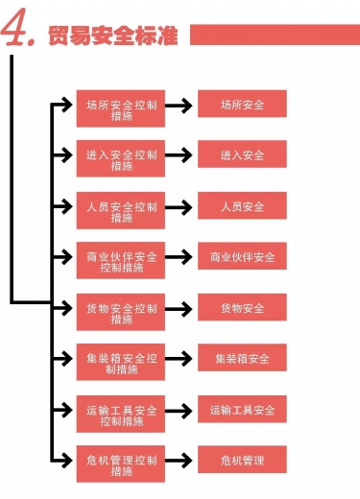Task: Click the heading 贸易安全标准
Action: pyautogui.click(x=113, y=36)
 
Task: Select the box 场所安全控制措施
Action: pyautogui.click(x=121, y=109)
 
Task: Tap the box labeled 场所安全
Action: pyautogui.click(x=242, y=104)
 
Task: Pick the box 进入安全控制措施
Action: pyautogui.click(x=121, y=160)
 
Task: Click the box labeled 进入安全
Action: pyautogui.click(x=242, y=155)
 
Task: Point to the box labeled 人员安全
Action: pyautogui.click(x=242, y=206)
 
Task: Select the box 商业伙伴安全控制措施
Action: pyautogui.click(x=121, y=263)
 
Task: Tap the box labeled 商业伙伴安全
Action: pyautogui.click(x=242, y=257)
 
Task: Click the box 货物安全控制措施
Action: pyautogui.click(x=121, y=314)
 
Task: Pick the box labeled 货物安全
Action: pyautogui.click(x=242, y=308)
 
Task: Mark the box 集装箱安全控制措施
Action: pyautogui.click(x=121, y=365)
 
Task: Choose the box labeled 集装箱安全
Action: pyautogui.click(x=242, y=359)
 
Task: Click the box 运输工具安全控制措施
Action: pyautogui.click(x=121, y=416)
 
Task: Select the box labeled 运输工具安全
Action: pyautogui.click(x=242, y=410)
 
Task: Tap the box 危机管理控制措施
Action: pyautogui.click(x=121, y=465)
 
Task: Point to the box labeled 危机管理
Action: pyautogui.click(x=242, y=461)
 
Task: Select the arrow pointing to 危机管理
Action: pyautogui.click(x=180, y=461)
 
